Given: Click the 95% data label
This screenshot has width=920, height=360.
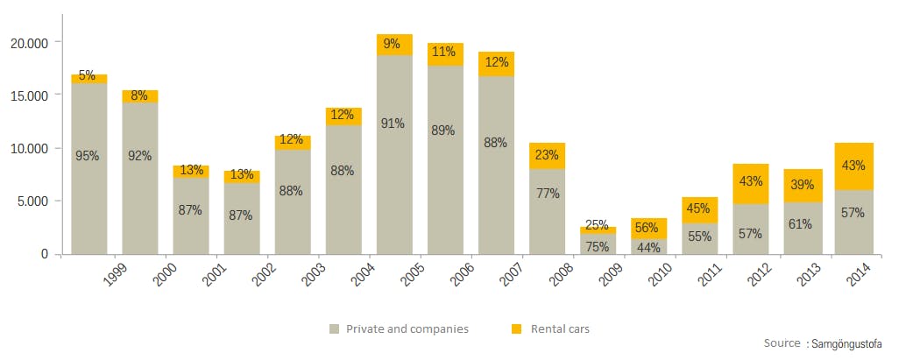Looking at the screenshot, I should pos(88,156).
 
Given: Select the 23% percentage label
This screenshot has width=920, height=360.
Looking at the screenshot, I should pos(546,154).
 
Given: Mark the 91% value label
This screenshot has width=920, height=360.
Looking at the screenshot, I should pos(393,124).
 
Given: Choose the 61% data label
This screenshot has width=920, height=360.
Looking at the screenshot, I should pos(800,224).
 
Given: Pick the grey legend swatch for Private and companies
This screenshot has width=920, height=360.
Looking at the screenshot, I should pos(334,329).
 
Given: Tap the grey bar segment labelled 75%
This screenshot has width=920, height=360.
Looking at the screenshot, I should pos(597,245).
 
